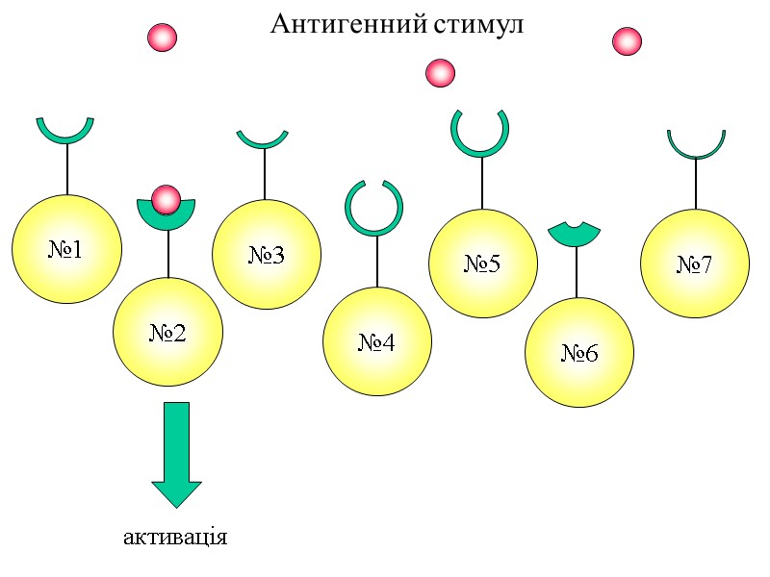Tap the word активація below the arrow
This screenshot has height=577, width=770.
pos(175,536)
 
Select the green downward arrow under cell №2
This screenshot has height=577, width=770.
pos(177,452)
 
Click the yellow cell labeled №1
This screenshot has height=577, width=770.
pos(66,249)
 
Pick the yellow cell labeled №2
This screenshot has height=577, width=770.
pos(168,332)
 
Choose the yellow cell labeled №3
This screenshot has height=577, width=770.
pos(267,255)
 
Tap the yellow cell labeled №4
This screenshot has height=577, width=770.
pos(376,341)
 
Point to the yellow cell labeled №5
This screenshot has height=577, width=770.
pos(482,263)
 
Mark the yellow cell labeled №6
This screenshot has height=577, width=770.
pos(579,353)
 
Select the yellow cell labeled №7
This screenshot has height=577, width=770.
pos(695,263)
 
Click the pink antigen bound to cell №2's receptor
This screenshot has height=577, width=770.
pos(167,200)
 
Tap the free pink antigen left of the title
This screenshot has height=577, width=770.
pos(162,38)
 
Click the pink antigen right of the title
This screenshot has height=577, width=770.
pos(627,41)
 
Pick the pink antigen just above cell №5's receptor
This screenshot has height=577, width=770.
pos(440,72)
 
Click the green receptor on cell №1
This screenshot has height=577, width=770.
pos(65,134)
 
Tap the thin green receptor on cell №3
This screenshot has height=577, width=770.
pos(263,142)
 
